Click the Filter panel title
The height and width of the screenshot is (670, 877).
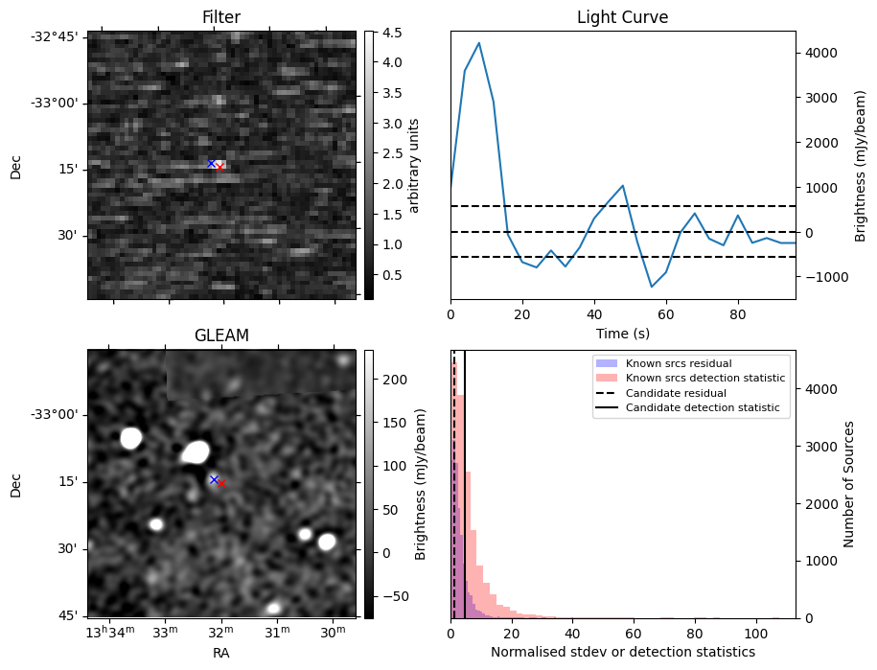pos(221,17)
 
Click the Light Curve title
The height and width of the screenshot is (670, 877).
pos(622,17)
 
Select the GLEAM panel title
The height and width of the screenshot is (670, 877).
pos(221,335)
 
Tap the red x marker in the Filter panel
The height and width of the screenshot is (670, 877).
pos(220,167)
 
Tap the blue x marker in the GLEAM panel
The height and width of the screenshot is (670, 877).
pos(214,478)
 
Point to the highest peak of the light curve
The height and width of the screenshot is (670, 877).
pos(478,43)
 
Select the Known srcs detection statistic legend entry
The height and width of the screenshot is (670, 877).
pos(704,378)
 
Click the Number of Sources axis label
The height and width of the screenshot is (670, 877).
pos(849,483)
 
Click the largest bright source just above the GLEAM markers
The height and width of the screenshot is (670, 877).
pos(196,451)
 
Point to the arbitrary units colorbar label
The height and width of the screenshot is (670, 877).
pos(414,165)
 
